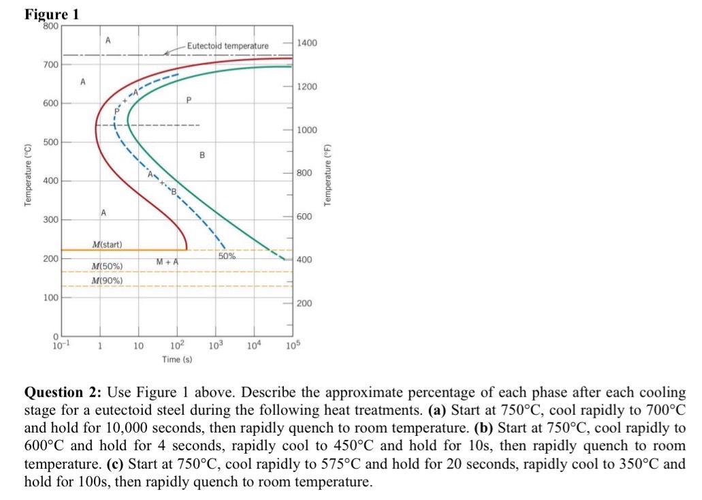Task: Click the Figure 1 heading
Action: [x=52, y=14]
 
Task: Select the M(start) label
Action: [x=106, y=244]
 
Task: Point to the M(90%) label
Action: [x=106, y=280]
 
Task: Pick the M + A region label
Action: [x=167, y=262]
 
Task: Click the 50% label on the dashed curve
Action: [x=227, y=256]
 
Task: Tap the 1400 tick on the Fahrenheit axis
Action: [x=307, y=43]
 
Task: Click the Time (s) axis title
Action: [x=177, y=359]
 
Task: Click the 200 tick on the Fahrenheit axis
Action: [x=305, y=303]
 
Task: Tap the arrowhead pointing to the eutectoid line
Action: [x=167, y=52]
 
